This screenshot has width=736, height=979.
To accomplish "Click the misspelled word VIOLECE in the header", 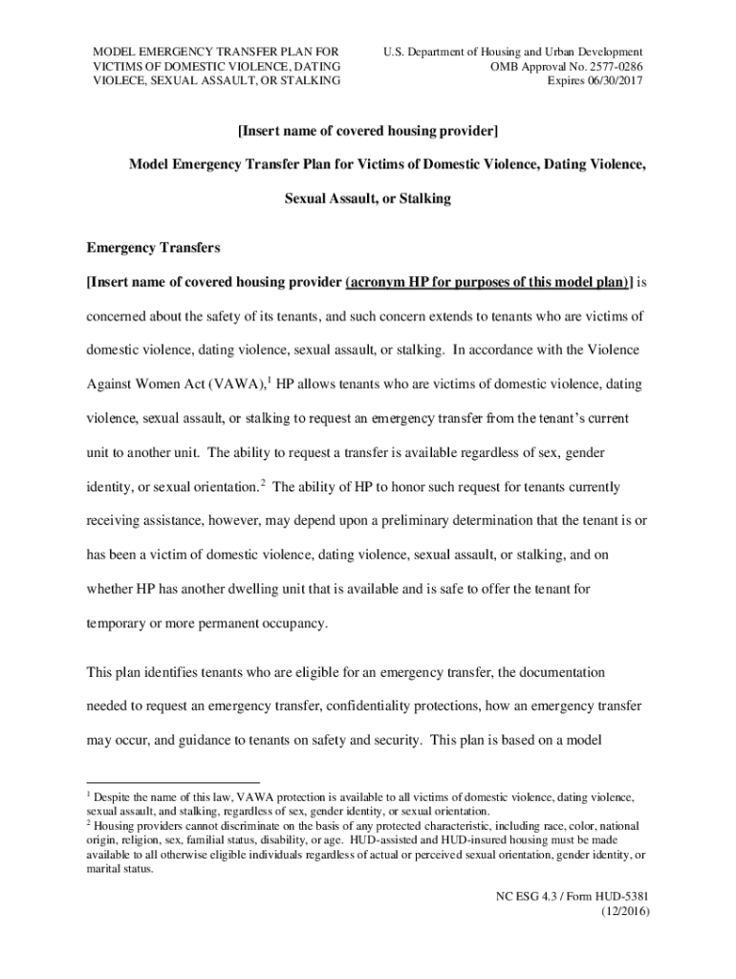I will [117, 81].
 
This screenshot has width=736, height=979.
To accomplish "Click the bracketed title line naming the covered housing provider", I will [368, 129].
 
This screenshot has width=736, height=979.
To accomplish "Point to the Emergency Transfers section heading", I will [153, 248].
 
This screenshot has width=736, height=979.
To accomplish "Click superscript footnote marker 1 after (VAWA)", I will [268, 381].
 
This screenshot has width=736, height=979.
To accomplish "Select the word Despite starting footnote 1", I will [113, 796].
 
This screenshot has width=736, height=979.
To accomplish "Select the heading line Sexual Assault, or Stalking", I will [368, 199].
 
